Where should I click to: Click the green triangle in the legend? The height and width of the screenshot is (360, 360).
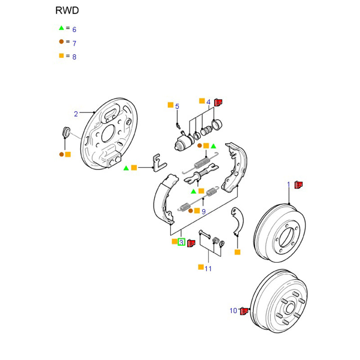[x=61, y=28]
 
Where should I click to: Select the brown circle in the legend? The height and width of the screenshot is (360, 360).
[x=61, y=41]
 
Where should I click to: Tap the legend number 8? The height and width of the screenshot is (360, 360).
[x=74, y=57]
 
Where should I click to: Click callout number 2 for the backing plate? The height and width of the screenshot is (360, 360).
[x=76, y=114]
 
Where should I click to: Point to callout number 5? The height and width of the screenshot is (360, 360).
[x=177, y=106]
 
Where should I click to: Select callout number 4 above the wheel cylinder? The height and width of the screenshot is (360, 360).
[x=208, y=102]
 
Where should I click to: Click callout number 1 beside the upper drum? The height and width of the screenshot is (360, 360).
[x=289, y=184]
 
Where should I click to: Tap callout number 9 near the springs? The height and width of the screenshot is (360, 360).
[x=203, y=211]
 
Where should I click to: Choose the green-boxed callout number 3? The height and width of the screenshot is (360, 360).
[x=181, y=242]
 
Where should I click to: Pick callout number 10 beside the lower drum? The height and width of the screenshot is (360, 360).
[x=233, y=310]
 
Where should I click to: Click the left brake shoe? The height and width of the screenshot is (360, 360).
[x=162, y=198]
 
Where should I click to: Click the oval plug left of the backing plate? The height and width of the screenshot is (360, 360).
[x=65, y=132]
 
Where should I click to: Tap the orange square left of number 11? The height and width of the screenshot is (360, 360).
[x=200, y=267]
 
